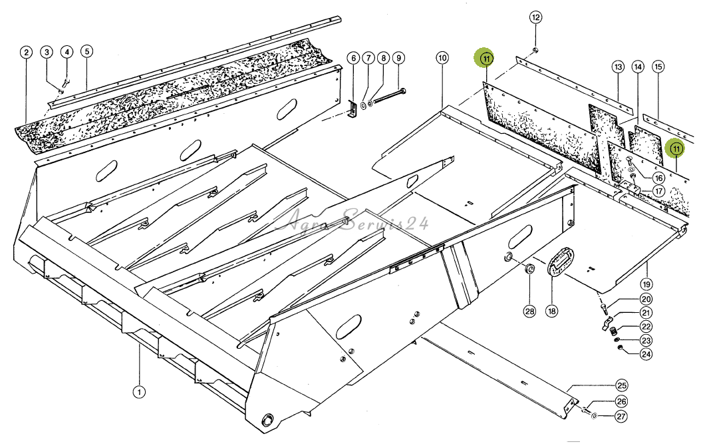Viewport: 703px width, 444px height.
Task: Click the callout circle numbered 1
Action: [139, 392]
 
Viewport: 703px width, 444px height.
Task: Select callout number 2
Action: [27, 52]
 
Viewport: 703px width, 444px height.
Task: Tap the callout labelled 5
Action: [86, 51]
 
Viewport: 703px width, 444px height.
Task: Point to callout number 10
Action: [442, 58]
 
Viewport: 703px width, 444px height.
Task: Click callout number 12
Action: [536, 17]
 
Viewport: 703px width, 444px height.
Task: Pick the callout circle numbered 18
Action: [551, 311]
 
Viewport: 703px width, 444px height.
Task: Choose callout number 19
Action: [646, 284]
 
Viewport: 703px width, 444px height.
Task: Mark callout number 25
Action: [621, 385]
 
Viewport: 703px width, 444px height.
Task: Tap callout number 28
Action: [530, 311]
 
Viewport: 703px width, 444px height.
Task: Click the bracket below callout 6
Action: [352, 110]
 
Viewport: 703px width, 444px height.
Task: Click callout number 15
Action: [658, 67]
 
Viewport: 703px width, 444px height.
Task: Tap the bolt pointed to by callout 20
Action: [604, 308]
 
